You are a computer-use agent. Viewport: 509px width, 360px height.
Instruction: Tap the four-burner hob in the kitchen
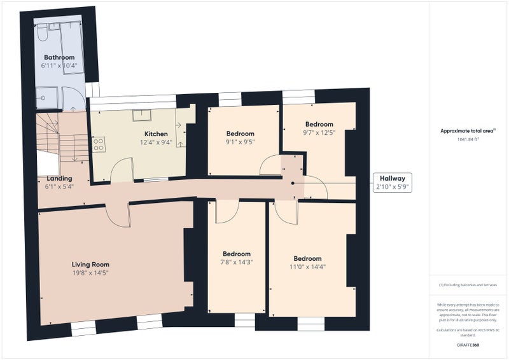coord(99,145)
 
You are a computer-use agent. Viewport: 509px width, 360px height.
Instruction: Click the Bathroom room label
coord(59,57)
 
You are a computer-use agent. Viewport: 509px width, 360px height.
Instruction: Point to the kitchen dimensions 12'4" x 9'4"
coord(156,142)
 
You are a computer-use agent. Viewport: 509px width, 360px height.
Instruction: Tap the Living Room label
coord(90,265)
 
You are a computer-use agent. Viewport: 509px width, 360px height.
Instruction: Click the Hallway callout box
coord(393,183)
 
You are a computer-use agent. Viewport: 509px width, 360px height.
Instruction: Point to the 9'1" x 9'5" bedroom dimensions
coord(241,142)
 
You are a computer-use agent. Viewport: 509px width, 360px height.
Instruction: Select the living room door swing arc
coord(118,216)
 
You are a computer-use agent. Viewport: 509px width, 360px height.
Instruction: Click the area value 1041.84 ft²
coord(468,139)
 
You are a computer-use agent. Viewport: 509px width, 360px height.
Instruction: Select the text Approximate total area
coord(468,131)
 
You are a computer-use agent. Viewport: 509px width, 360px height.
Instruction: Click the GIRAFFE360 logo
coord(468,344)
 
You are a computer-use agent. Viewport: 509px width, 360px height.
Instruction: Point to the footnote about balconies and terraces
coord(468,285)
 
